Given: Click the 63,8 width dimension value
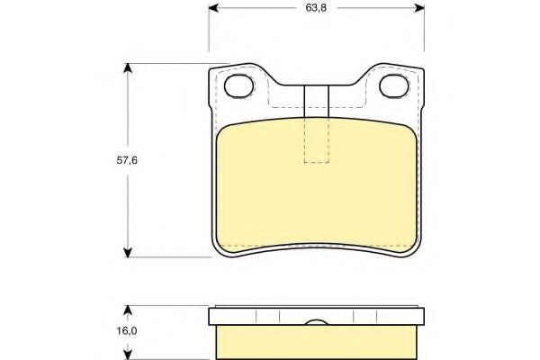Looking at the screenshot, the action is pyautogui.click(x=316, y=7).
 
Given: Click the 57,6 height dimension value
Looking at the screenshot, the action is pyautogui.click(x=127, y=160).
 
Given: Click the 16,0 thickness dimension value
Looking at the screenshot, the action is pyautogui.click(x=127, y=331).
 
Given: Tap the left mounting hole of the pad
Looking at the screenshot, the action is pyautogui.click(x=239, y=85).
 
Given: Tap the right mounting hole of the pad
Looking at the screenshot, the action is pyautogui.click(x=394, y=85).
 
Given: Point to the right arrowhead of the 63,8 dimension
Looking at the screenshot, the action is pyautogui.click(x=419, y=7).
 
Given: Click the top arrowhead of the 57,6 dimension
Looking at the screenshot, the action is pyautogui.click(x=128, y=68).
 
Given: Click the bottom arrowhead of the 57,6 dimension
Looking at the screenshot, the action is pyautogui.click(x=128, y=252).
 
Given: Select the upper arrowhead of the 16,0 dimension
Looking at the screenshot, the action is pyautogui.click(x=128, y=310).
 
